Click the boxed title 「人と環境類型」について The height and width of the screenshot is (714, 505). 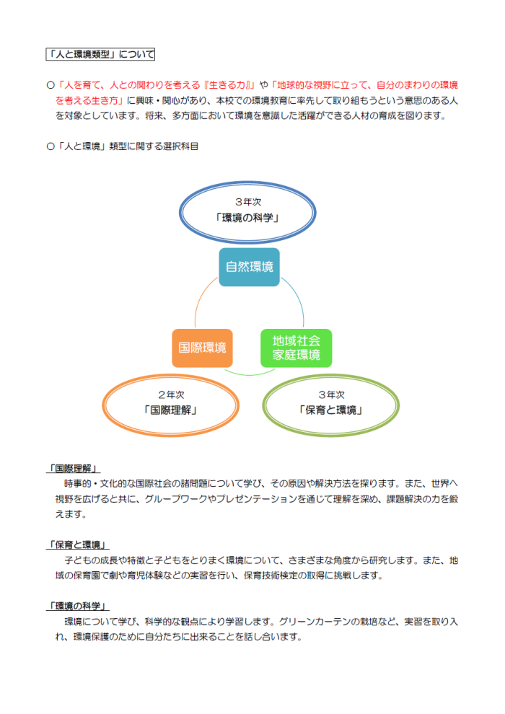(x=100, y=54)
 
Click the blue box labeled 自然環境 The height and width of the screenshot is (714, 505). (x=249, y=267)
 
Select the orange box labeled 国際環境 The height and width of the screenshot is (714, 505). (x=202, y=348)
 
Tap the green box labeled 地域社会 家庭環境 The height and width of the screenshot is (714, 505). (x=296, y=348)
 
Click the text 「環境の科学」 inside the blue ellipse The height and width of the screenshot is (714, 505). (x=247, y=218)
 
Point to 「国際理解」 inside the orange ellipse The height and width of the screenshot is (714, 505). (x=171, y=410)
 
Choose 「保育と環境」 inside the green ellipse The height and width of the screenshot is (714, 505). (x=331, y=410)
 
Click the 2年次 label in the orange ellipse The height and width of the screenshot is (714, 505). (x=171, y=395)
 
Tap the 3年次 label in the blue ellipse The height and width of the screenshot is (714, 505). (x=247, y=202)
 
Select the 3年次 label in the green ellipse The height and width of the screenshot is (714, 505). (x=331, y=395)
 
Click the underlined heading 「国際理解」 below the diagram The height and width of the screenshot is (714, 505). (x=74, y=469)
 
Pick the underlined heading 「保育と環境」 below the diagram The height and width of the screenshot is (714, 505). (x=78, y=545)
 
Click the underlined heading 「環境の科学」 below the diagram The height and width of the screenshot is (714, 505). (x=78, y=606)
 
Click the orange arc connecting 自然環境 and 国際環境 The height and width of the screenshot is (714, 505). (x=201, y=296)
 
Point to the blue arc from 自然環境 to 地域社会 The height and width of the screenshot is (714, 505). (x=299, y=297)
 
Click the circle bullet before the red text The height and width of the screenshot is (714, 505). (x=50, y=85)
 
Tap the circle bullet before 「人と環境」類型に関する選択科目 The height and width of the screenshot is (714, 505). (x=50, y=146)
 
